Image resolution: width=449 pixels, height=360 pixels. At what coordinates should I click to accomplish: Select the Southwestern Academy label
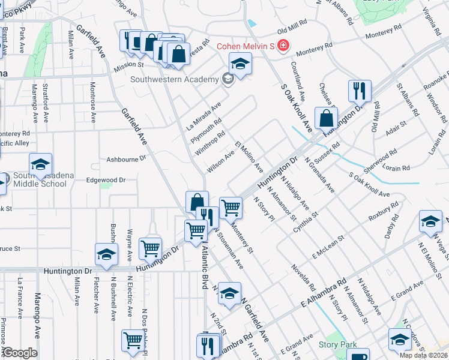point(175,80)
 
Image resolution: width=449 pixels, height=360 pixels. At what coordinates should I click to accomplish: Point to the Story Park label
point(337,344)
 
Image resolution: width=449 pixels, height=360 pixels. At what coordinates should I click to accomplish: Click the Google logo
point(20,353)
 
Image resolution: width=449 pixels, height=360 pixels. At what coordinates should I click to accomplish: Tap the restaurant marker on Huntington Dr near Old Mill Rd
point(360,91)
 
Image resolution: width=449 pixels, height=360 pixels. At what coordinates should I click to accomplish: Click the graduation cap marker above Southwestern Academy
point(240,64)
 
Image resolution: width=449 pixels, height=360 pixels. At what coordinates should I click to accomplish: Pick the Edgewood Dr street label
point(106,180)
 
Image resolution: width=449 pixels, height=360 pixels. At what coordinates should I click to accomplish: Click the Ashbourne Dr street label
point(126,159)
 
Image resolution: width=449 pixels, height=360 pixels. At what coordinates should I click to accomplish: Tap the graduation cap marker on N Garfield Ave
point(229,294)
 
